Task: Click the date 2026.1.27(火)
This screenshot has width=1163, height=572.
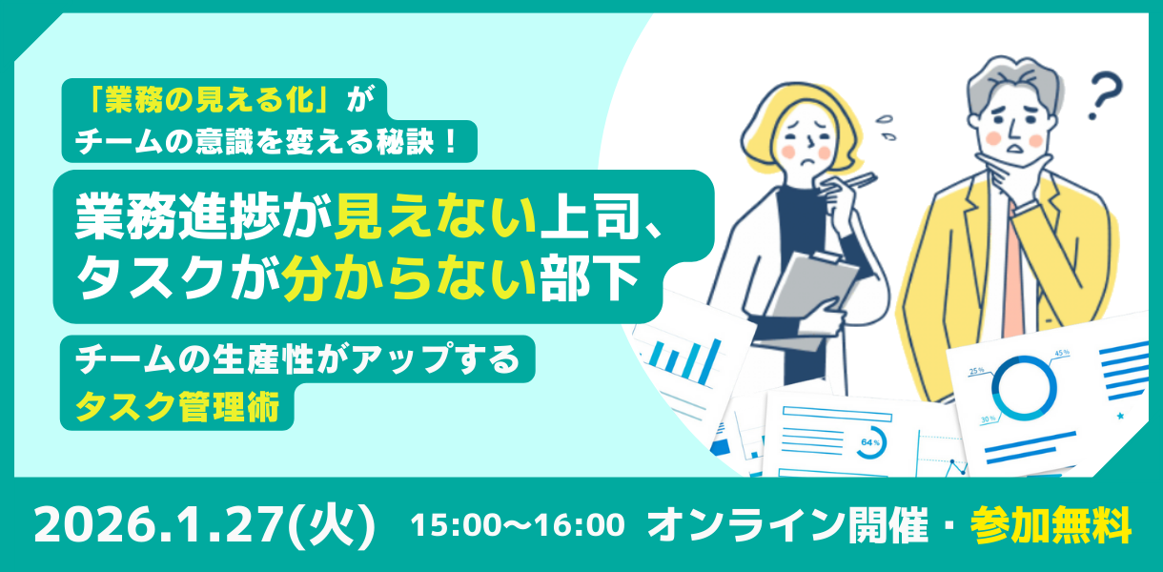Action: [205, 525]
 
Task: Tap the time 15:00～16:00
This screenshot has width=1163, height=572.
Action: [518, 525]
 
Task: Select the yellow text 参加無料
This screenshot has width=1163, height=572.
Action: [1051, 525]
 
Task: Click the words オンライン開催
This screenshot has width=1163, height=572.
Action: [787, 525]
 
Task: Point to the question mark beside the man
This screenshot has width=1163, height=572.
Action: [1106, 96]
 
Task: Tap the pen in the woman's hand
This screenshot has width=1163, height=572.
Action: [849, 184]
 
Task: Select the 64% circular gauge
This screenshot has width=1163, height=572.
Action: [870, 442]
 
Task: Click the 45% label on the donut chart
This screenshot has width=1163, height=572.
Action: [1062, 353]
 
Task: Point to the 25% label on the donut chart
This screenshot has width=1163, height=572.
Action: [976, 371]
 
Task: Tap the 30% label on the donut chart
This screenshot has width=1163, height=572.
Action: [988, 419]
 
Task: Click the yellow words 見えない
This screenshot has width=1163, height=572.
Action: [435, 215]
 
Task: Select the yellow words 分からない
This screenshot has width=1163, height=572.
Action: [409, 277]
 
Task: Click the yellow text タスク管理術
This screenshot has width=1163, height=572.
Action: [177, 407]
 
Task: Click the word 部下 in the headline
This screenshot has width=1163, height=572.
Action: [589, 277]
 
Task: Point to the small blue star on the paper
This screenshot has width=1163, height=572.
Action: [1120, 416]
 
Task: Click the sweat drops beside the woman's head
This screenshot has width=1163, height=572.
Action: [886, 127]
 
